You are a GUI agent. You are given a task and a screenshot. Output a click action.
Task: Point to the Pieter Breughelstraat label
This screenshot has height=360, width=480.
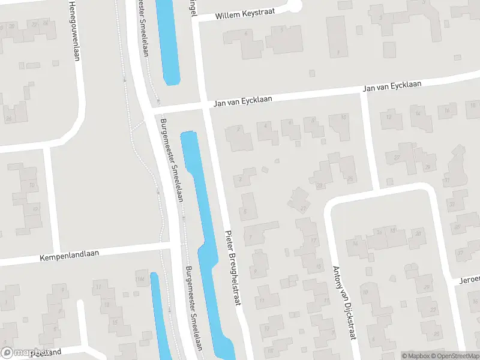point(233,268)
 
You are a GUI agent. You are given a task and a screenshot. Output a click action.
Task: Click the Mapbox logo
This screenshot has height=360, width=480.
point(25,353)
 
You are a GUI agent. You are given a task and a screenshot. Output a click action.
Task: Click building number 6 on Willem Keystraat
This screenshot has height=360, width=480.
point(245,35)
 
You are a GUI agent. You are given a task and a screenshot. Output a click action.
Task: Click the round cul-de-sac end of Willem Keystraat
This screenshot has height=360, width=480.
point(293,6)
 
